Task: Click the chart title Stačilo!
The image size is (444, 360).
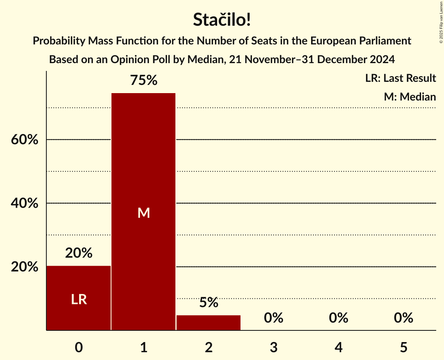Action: click(x=222, y=20)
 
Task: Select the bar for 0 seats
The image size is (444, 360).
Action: click(x=79, y=298)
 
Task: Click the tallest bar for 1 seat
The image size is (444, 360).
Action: click(x=143, y=212)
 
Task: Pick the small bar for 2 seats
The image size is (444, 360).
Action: click(x=209, y=323)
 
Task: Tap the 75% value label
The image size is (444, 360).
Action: click(x=143, y=81)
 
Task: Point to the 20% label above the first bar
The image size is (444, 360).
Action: click(x=79, y=253)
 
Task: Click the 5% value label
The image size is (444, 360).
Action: click(x=209, y=303)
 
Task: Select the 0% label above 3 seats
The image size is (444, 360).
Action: click(x=273, y=318)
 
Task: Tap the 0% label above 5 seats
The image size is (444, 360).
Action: click(x=403, y=318)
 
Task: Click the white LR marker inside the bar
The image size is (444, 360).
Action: click(x=79, y=299)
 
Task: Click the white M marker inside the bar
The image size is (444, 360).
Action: click(x=143, y=213)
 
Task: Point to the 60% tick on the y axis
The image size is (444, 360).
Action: click(x=25, y=140)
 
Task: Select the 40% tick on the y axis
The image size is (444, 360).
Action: click(x=25, y=203)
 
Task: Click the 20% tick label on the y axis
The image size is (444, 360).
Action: click(x=25, y=267)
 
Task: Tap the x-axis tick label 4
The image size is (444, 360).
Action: click(x=338, y=347)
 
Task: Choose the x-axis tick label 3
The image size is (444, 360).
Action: click(x=273, y=347)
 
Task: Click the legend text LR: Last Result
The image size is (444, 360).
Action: click(x=400, y=78)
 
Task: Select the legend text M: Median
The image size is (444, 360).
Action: click(x=410, y=97)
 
